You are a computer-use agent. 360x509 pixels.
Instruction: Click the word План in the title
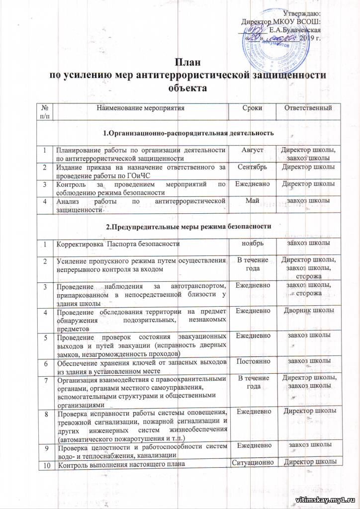click(x=180, y=63)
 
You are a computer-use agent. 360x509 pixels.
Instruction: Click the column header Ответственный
click(x=307, y=108)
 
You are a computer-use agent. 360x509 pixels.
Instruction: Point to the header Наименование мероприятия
click(x=139, y=108)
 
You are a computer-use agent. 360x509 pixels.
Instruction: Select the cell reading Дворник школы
click(x=307, y=311)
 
